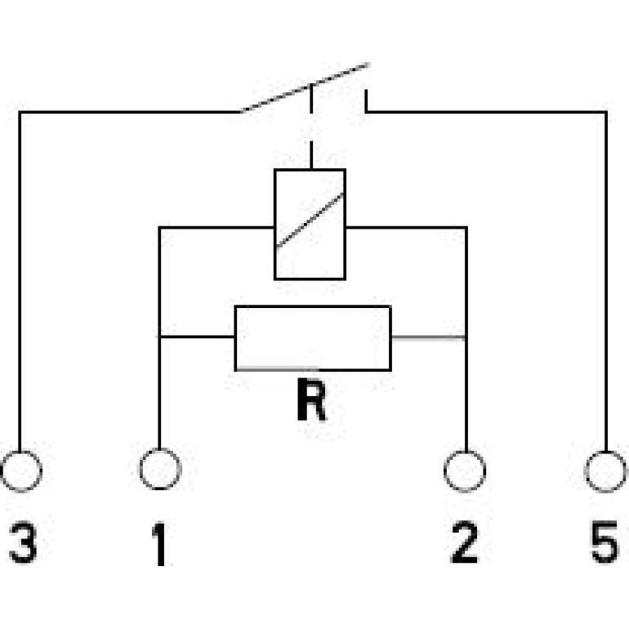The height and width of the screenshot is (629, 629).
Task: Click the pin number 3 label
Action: tap(23, 542)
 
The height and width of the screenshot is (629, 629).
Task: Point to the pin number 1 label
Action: tap(160, 544)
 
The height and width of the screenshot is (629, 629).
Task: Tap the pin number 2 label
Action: tap(465, 542)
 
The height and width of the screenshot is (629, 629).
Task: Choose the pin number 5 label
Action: tap(605, 542)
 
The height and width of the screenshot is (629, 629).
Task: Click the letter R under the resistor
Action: tap(311, 400)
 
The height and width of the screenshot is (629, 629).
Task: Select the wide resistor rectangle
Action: tap(235, 338)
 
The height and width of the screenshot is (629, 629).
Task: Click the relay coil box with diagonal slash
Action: tap(274, 225)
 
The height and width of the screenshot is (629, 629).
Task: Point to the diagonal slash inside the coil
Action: tap(310, 221)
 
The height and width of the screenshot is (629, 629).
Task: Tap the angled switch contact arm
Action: tap(305, 87)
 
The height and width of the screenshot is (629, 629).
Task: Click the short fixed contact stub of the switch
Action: tap(366, 100)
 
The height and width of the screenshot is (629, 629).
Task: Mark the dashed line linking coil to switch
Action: tap(311, 127)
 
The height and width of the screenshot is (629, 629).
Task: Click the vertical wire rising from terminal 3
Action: tap(20, 281)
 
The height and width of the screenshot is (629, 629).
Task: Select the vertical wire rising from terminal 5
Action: tap(606, 282)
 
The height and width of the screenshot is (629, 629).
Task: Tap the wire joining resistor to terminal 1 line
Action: tap(198, 337)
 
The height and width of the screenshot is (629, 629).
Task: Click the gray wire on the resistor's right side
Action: tap(428, 338)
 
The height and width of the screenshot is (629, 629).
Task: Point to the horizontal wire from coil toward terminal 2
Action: tap(406, 227)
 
